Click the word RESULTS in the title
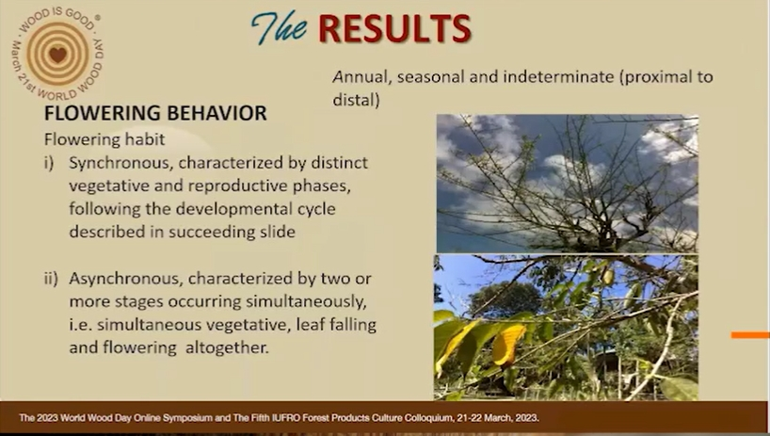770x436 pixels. pos(394,28)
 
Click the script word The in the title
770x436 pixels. pos(280,27)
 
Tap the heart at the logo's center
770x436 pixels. pos(57,54)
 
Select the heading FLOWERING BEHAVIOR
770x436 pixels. pos(155,113)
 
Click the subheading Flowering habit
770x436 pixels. pos(104,139)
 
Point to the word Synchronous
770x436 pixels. pos(120,164)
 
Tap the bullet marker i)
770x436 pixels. pos(49,163)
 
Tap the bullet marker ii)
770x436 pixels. pos(51,279)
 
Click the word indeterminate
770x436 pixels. pos(558,77)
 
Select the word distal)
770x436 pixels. pos(356,100)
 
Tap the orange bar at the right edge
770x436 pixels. pos(750,335)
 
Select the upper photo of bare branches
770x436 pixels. pos(568,184)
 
